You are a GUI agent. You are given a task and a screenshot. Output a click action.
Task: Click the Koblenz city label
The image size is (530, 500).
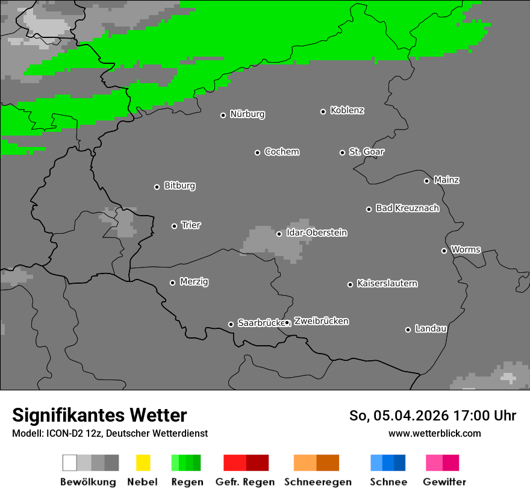click(347, 111)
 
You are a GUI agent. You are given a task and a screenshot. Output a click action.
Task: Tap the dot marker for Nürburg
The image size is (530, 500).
click(223, 115)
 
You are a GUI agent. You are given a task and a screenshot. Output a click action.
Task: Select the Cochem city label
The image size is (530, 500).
click(282, 152)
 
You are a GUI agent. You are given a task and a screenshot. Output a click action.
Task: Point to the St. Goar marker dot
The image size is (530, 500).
click(342, 152)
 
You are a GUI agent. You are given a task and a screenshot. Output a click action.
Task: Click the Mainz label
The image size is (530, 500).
click(446, 180)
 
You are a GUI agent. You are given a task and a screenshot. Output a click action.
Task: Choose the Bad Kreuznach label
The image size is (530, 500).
click(407, 208)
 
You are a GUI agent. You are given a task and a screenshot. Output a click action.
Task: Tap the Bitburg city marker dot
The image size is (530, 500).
click(157, 187)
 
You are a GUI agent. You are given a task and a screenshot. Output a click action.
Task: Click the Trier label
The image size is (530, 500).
click(191, 225)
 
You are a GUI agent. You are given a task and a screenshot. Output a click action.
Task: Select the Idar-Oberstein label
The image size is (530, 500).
click(317, 233)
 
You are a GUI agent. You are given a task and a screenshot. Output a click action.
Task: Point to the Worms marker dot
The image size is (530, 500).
click(444, 251)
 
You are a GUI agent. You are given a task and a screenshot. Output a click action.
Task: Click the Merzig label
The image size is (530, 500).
click(194, 282)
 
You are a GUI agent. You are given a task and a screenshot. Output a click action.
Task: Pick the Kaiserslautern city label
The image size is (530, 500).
click(387, 284)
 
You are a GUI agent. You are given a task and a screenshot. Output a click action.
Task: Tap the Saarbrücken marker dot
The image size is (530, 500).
click(231, 324)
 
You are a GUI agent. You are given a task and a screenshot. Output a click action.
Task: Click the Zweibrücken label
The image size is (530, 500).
click(321, 322)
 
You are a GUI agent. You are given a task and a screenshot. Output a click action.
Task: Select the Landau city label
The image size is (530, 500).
click(431, 329)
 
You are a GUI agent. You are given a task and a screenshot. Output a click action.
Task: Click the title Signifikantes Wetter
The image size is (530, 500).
click(99, 416)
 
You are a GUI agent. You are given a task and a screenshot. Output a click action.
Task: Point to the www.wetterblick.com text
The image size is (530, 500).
click(434, 433)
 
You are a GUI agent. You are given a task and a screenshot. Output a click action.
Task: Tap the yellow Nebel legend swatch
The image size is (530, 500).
click(143, 463)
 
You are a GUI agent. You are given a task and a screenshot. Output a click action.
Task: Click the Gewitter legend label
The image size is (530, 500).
click(444, 482)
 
